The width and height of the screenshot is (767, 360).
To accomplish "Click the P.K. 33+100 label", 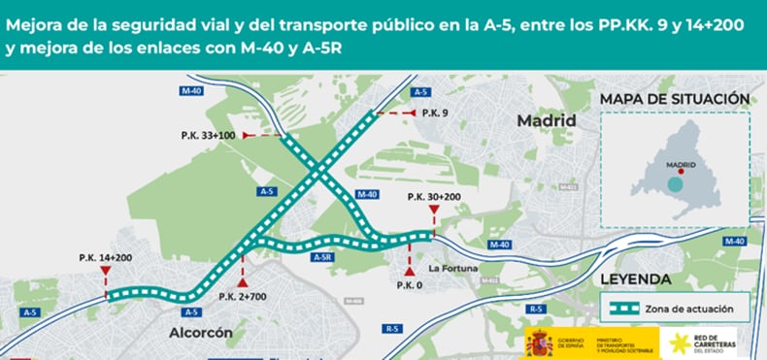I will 208,135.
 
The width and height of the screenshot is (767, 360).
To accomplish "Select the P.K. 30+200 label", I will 433,197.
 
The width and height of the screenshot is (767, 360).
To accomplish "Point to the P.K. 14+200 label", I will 105,257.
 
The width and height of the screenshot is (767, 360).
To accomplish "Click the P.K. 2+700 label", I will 242,296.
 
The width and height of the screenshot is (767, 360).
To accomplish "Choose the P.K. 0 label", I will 409,285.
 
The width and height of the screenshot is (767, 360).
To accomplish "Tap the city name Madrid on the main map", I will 547,120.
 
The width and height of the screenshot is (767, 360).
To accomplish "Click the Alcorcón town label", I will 201,332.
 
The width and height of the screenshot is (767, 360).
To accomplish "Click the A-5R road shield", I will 324,257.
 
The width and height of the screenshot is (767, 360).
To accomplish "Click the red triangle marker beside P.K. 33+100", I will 247,135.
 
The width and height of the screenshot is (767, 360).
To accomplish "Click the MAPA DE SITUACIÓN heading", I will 674,98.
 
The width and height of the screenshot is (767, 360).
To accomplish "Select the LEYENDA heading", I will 636,279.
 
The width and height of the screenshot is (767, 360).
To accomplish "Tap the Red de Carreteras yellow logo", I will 676,343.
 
